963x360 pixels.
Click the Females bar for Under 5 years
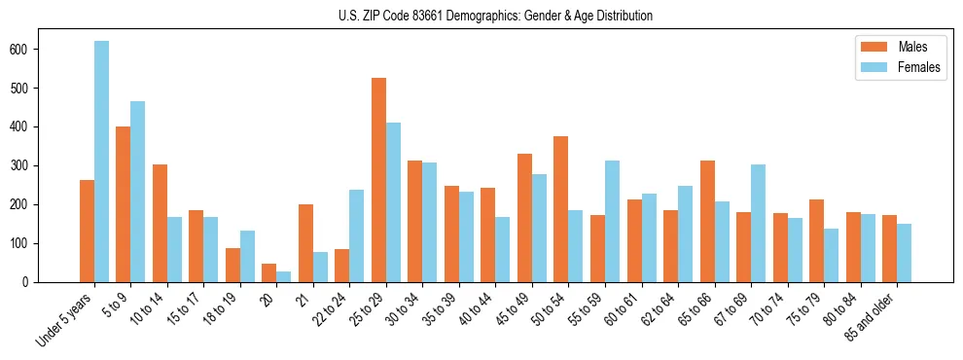101,162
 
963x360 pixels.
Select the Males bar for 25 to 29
378,180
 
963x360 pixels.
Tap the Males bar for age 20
269,272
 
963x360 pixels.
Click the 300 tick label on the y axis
28,165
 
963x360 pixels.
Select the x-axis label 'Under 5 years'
65,319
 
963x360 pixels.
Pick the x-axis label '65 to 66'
697,308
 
